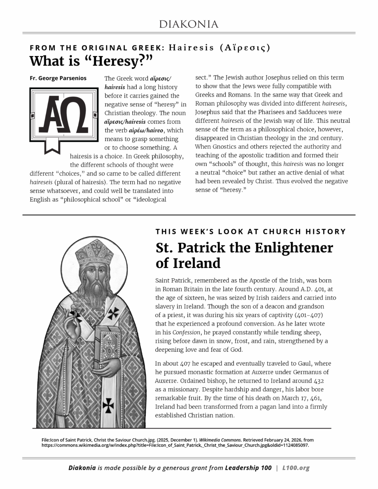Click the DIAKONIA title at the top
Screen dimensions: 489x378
click(x=189, y=24)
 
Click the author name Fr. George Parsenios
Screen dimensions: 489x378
click(x=58, y=78)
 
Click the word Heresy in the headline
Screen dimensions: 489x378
click(x=116, y=61)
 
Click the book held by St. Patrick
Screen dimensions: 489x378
click(x=106, y=346)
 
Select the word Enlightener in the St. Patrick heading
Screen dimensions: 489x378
click(x=294, y=248)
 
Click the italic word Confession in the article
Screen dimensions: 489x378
click(x=186, y=333)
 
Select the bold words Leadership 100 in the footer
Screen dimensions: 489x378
click(x=248, y=468)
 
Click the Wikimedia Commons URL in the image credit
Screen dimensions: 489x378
click(x=175, y=446)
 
